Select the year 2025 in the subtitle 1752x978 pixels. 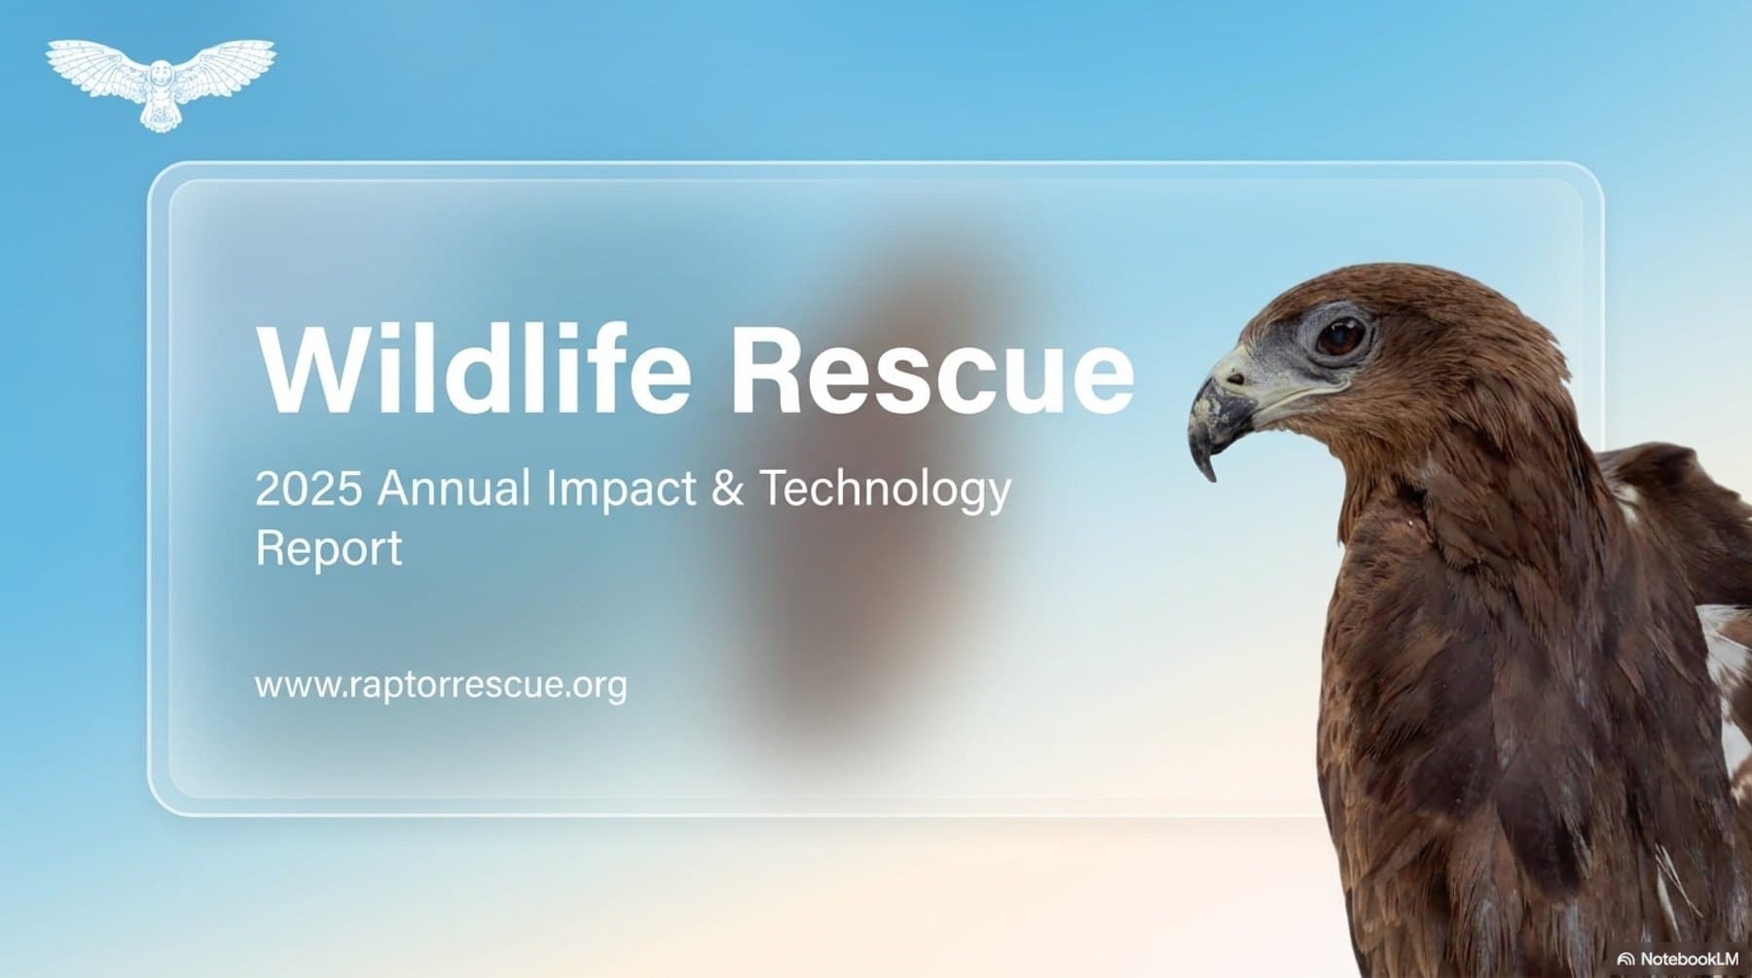[x=309, y=488]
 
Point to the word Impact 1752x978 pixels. [x=621, y=489]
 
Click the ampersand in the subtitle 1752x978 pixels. [x=727, y=488]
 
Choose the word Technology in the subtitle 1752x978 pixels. [x=885, y=489]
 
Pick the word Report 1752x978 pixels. [x=328, y=548]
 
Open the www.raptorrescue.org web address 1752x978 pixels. [x=441, y=685]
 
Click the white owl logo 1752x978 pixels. [x=161, y=83]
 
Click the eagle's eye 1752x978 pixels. [x=1341, y=336]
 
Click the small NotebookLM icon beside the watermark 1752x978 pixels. [x=1624, y=960]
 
